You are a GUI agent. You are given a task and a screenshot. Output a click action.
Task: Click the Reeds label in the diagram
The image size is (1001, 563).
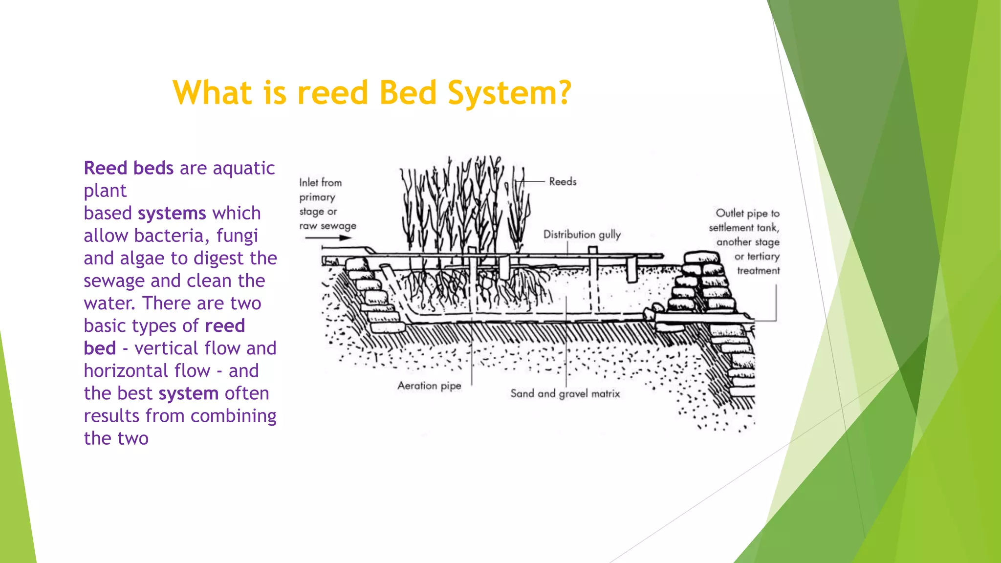563,182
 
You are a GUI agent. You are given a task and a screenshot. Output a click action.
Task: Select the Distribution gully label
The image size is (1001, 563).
582,235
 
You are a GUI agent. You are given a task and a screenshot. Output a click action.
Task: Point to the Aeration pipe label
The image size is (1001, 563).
429,386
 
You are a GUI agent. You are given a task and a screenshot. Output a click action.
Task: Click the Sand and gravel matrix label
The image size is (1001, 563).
565,394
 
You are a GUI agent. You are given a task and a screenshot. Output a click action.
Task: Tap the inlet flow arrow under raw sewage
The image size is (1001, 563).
328,238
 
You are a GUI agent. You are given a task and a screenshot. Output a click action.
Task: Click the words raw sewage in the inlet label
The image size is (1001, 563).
327,226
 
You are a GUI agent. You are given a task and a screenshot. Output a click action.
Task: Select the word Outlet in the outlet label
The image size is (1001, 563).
729,214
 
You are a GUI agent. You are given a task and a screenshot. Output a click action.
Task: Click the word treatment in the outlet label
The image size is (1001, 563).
758,271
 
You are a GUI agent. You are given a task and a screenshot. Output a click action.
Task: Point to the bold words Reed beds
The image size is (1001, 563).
129,168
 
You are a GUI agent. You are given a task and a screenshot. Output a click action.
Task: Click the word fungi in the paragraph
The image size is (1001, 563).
237,236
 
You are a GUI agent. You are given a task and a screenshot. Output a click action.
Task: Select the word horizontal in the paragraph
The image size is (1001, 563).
147,371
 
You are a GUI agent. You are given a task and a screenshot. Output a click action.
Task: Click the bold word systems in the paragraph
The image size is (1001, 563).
172,214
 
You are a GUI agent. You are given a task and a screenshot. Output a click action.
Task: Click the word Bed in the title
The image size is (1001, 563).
408,93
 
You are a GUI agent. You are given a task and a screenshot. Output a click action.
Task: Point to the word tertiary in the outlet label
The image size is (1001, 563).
763,257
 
